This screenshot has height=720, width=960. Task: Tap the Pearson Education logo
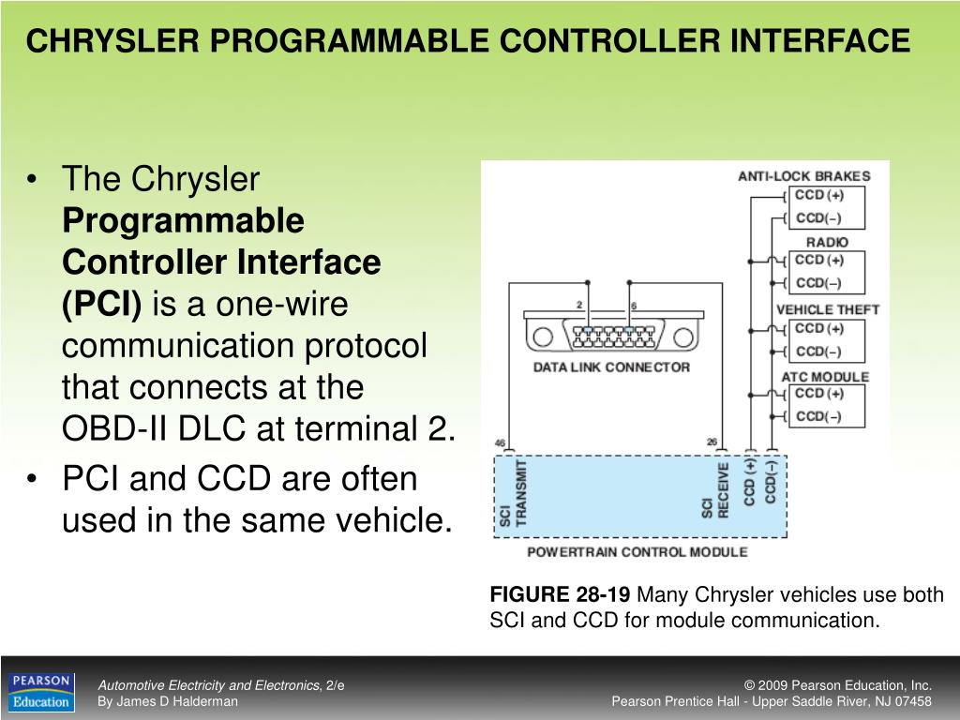[x=41, y=692]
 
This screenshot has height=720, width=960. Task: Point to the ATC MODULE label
[x=825, y=377]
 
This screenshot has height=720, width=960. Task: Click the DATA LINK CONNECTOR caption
[x=611, y=367]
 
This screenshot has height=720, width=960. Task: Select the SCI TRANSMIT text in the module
[x=513, y=494]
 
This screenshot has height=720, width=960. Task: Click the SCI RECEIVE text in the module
[x=715, y=491]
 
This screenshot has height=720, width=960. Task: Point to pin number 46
[x=500, y=442]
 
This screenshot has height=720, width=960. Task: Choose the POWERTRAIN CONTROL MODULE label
[x=637, y=552]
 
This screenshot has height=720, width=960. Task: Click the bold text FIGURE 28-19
[x=561, y=595]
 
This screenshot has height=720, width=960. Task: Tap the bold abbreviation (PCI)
[x=102, y=304]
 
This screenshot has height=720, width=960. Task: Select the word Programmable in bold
[x=183, y=221]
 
